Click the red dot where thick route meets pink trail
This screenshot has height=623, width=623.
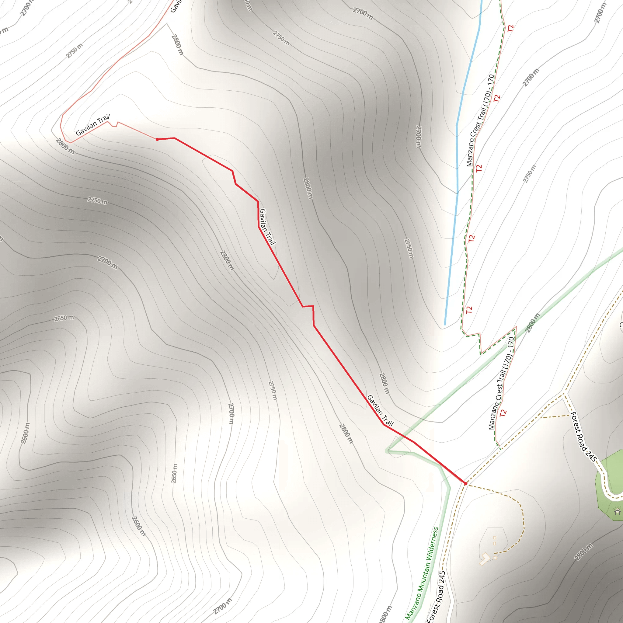point(157,139)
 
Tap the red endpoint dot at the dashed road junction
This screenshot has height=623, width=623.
point(465,484)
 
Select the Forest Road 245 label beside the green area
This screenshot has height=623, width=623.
point(584,437)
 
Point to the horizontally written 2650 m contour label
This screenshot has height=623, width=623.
point(64,318)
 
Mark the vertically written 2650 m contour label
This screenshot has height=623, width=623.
point(174,473)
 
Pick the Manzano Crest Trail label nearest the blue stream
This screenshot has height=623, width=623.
point(480,121)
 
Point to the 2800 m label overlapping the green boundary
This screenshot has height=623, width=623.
point(532,322)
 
